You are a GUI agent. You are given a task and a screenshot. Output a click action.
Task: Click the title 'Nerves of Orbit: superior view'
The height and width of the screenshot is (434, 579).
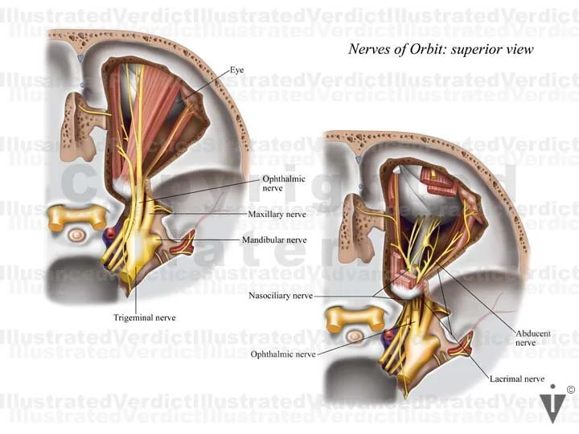point(441,49)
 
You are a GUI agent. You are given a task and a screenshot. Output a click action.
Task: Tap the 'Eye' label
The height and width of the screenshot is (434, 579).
point(236,71)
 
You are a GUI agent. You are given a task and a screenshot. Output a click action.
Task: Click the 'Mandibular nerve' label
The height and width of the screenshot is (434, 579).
point(274,240)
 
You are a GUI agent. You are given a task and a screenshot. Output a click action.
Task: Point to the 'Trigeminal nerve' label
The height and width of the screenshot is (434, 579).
point(144,317)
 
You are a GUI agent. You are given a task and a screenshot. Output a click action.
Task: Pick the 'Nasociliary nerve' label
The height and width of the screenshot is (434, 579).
point(281,296)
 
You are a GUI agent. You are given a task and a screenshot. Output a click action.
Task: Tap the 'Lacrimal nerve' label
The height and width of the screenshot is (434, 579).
point(518,379)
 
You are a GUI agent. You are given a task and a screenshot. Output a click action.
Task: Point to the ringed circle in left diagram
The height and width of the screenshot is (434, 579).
point(77,236)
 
